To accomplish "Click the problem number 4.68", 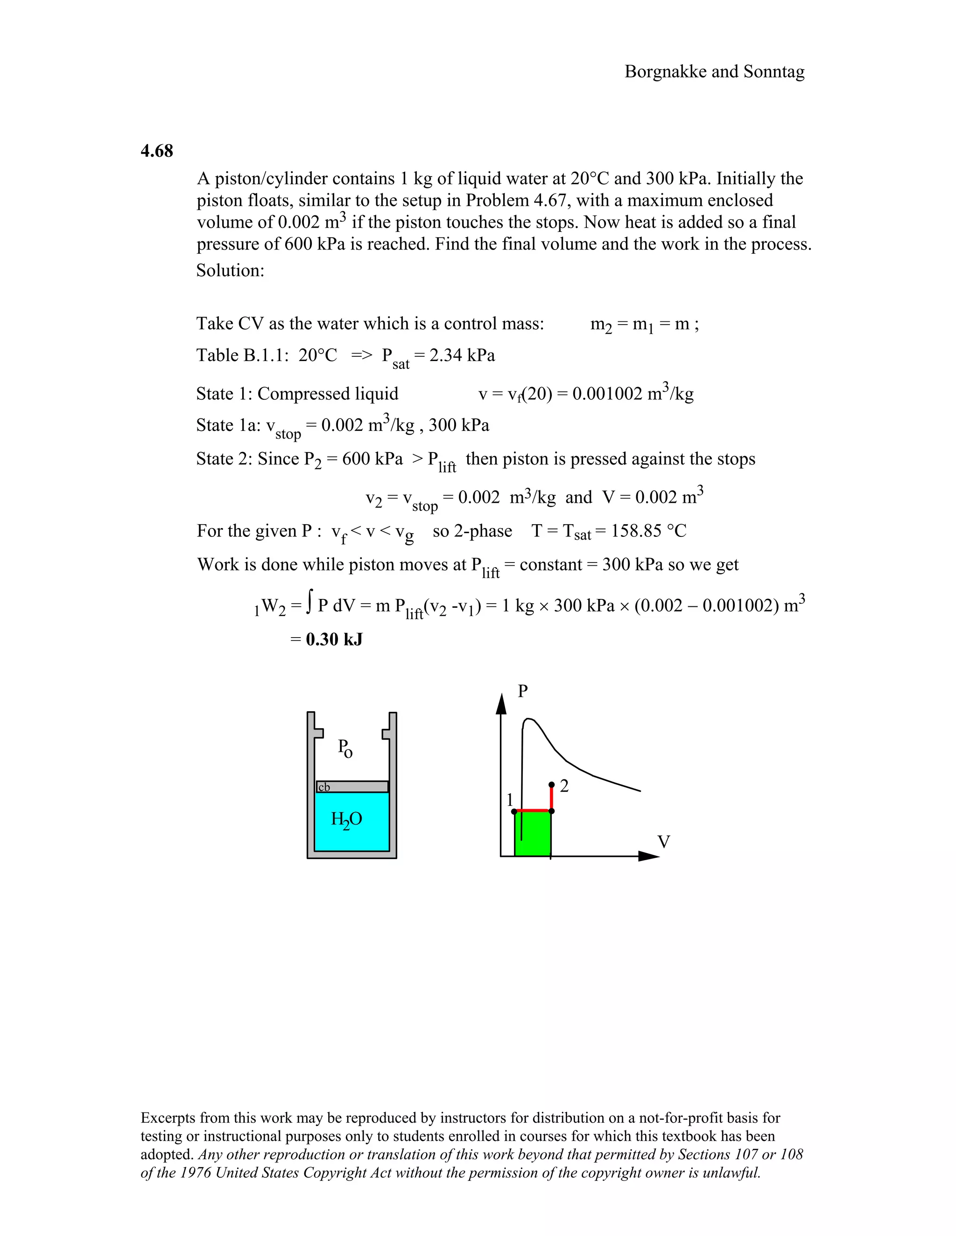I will pyautogui.click(x=157, y=151).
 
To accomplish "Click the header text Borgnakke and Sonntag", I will pyautogui.click(x=714, y=72).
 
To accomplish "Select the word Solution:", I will pyautogui.click(x=230, y=271).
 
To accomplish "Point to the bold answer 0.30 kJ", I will pyautogui.click(x=334, y=639).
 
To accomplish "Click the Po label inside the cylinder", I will pyautogui.click(x=345, y=748).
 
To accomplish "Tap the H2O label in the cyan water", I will pyautogui.click(x=346, y=819).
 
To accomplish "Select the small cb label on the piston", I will pyautogui.click(x=324, y=787).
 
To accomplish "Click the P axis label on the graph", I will pyautogui.click(x=523, y=691).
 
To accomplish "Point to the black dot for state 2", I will pyautogui.click(x=552, y=785).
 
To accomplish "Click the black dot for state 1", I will pyautogui.click(x=514, y=812).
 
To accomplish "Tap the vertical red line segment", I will pyautogui.click(x=552, y=799).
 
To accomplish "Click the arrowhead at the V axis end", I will pyautogui.click(x=650, y=856).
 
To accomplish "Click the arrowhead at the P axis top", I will pyautogui.click(x=501, y=703).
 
